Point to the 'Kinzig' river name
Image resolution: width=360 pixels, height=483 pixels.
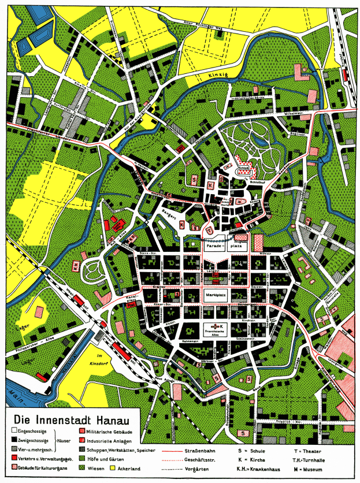214,83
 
